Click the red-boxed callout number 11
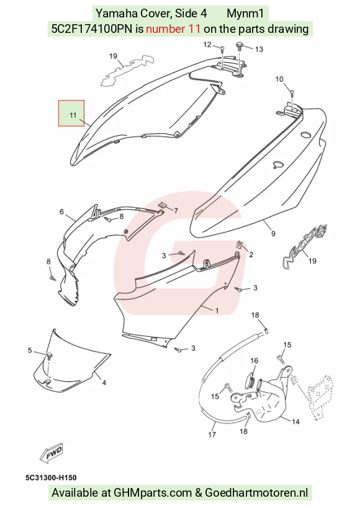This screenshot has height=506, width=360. [x=73, y=115]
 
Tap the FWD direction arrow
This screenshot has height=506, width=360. [x=52, y=453]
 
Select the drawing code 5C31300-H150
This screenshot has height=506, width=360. [x=51, y=477]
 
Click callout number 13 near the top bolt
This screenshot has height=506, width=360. [x=259, y=50]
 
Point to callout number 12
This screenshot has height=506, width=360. [x=207, y=45]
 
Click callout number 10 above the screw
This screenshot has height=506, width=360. [x=279, y=79]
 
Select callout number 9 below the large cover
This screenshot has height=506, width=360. [x=273, y=233]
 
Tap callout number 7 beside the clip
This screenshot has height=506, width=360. [x=176, y=211]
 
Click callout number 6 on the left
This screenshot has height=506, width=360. [x=61, y=212]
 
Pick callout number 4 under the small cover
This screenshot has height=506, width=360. [x=104, y=383]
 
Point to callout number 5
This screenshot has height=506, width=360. [x=30, y=350]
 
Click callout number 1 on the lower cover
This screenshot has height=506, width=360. [x=217, y=311]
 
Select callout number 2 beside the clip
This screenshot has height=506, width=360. [x=251, y=255]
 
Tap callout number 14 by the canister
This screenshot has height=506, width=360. [x=295, y=422]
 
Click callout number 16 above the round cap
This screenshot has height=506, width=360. [x=254, y=360]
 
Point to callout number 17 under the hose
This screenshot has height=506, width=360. [x=212, y=434]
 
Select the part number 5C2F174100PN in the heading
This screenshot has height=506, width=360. [x=92, y=29]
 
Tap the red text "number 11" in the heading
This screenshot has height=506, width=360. [x=173, y=29]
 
